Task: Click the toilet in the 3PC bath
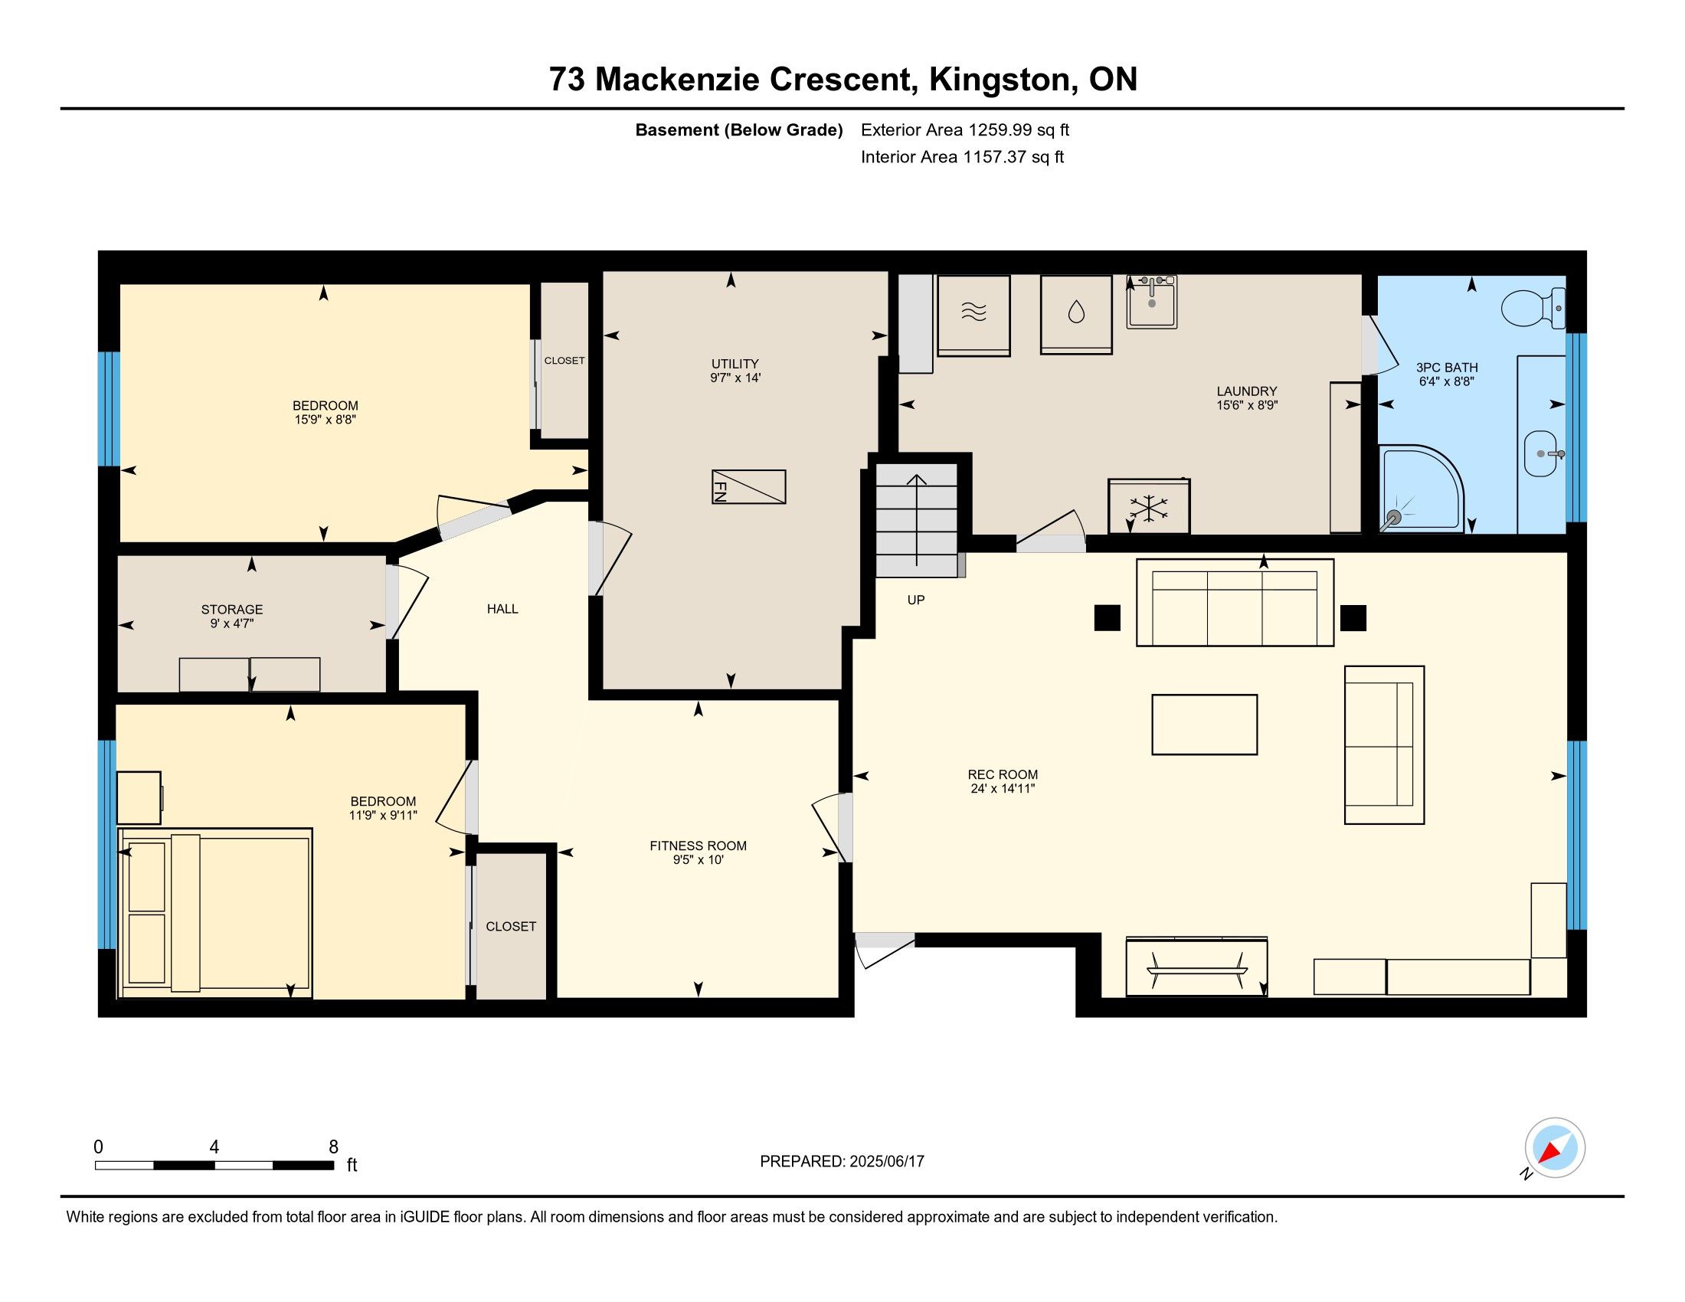1533,308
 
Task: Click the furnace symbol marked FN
748,486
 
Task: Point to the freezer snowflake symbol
1149,507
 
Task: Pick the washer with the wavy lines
973,316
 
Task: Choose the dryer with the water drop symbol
1076,315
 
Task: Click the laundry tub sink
1152,303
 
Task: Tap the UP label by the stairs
916,600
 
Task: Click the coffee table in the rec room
1204,725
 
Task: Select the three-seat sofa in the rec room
1235,603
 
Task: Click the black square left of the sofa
1108,618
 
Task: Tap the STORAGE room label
232,610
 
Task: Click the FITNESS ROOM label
699,846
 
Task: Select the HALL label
502,609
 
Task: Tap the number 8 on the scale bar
333,1147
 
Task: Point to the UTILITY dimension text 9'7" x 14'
735,378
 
